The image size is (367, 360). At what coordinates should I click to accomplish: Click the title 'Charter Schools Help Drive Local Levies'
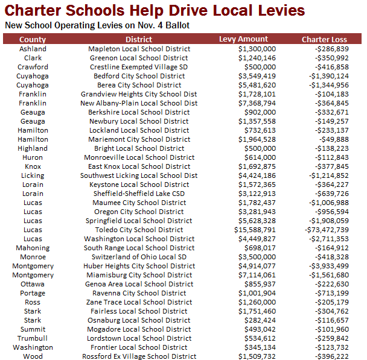pos(155,11)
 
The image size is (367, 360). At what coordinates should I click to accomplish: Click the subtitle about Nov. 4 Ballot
pos(97,26)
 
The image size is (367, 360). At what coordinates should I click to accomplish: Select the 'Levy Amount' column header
pos(243,39)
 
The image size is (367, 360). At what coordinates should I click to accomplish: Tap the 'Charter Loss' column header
pos(324,39)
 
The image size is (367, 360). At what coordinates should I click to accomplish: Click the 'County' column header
pos(33,39)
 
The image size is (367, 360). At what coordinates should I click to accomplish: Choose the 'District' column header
pos(139,39)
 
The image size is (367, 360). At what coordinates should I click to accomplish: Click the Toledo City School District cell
pos(139,230)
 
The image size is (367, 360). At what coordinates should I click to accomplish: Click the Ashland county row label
pos(33,49)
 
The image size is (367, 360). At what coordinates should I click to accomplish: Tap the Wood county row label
pos(33,356)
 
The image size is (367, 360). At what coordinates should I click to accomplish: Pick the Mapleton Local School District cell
pos(139,49)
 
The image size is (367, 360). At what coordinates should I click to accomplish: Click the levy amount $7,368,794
pos(257,103)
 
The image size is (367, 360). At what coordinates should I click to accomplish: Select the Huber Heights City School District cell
pos(139,266)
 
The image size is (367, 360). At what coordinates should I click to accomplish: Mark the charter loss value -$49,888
pos(333,139)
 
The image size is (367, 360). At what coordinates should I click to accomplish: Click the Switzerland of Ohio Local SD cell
pos(139,257)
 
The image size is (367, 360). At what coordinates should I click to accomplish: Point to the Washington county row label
pos(33,347)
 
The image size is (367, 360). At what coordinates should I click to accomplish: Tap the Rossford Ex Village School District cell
pos(139,356)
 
